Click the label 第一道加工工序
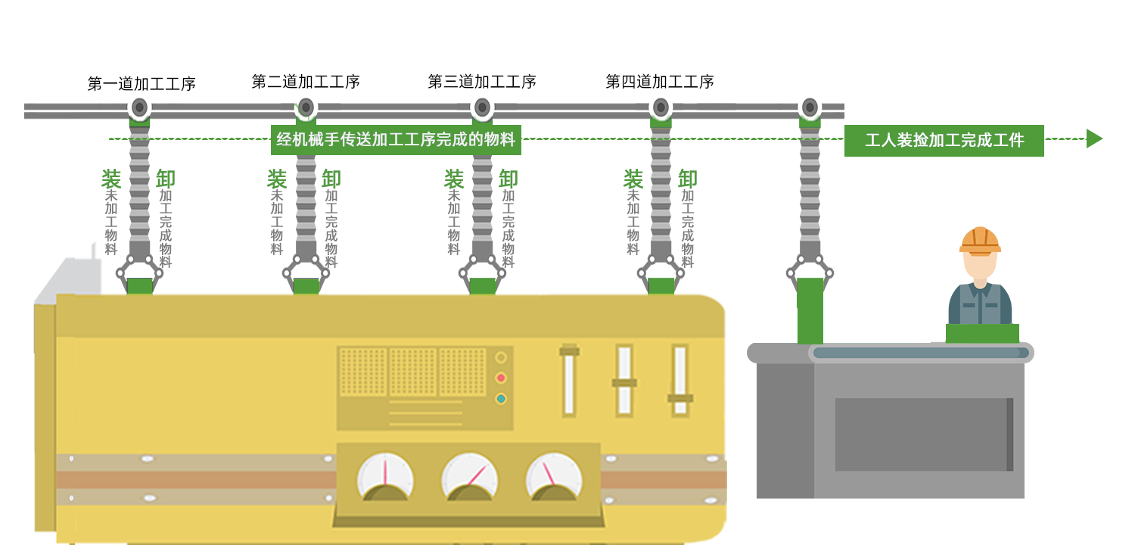[141, 84]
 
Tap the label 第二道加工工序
[306, 82]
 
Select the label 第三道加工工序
[482, 82]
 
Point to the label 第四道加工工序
[660, 82]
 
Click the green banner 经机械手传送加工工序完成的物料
[396, 139]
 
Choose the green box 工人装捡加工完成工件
[944, 140]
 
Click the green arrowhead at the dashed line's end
[1094, 139]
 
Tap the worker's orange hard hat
[980, 240]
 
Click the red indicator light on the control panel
[501, 378]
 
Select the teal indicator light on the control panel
[501, 398]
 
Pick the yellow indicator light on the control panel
[501, 357]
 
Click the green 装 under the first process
[111, 179]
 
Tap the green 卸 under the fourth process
[688, 179]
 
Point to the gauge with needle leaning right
[470, 477]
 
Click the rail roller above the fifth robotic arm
[810, 108]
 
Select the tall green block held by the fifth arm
[810, 310]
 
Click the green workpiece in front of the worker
[982, 333]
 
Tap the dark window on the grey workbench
[923, 434]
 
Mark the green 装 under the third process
[454, 179]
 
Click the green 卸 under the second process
[331, 179]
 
